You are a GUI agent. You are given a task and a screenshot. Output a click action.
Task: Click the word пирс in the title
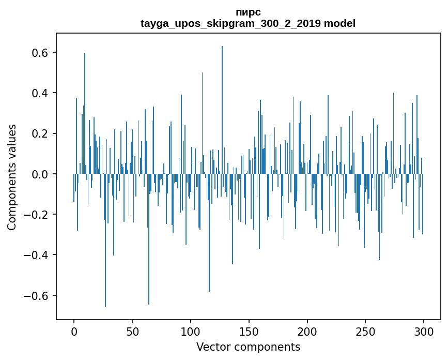click(x=248, y=12)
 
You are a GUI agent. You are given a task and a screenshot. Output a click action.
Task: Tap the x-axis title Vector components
click(x=248, y=347)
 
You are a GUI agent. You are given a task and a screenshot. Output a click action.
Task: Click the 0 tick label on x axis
click(x=74, y=331)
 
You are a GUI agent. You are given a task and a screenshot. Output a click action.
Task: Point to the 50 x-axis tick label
click(x=132, y=331)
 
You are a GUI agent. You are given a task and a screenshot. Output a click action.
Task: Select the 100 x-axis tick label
click(x=191, y=331)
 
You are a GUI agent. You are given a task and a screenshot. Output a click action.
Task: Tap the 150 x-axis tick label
click(x=249, y=331)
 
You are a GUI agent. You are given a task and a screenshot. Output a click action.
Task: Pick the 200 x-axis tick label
click(x=307, y=331)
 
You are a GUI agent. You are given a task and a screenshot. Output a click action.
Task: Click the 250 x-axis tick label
click(x=365, y=331)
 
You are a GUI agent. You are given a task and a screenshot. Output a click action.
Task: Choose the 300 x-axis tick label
click(x=424, y=331)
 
